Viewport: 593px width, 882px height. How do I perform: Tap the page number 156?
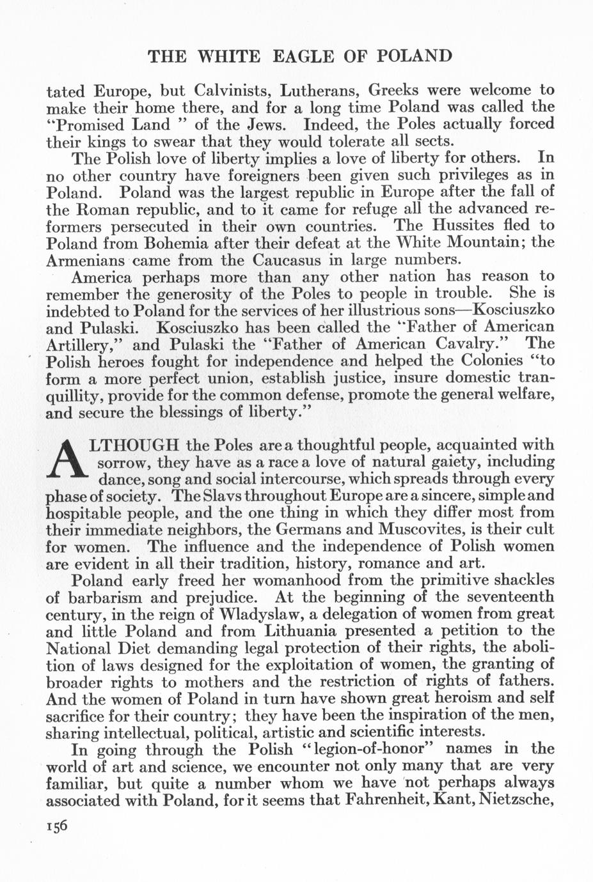(x=57, y=825)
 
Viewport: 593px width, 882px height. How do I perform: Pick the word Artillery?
(x=83, y=344)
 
